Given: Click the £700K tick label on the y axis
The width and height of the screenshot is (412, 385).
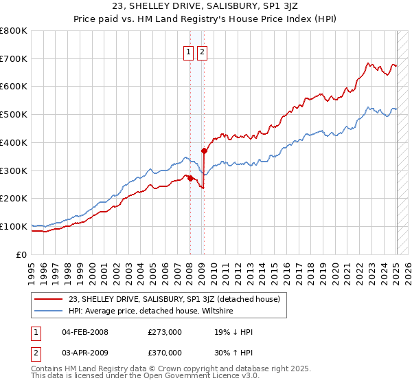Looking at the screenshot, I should point(14,59).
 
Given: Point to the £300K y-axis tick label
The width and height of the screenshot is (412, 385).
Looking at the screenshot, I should point(14,170).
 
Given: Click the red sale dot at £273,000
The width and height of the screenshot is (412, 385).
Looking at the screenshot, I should point(190,178).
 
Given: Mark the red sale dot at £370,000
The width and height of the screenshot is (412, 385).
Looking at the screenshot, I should point(204,151).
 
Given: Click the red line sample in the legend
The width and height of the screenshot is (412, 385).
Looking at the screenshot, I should point(49,299).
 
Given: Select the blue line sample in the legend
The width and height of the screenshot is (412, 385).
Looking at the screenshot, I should point(49,311).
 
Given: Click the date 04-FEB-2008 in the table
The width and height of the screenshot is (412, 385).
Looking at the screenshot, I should point(85,333).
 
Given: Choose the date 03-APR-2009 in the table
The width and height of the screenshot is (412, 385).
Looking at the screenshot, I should point(85,353).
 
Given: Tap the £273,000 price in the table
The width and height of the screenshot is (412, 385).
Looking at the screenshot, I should point(165,333).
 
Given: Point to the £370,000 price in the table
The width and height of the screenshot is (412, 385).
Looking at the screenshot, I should point(165,353).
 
